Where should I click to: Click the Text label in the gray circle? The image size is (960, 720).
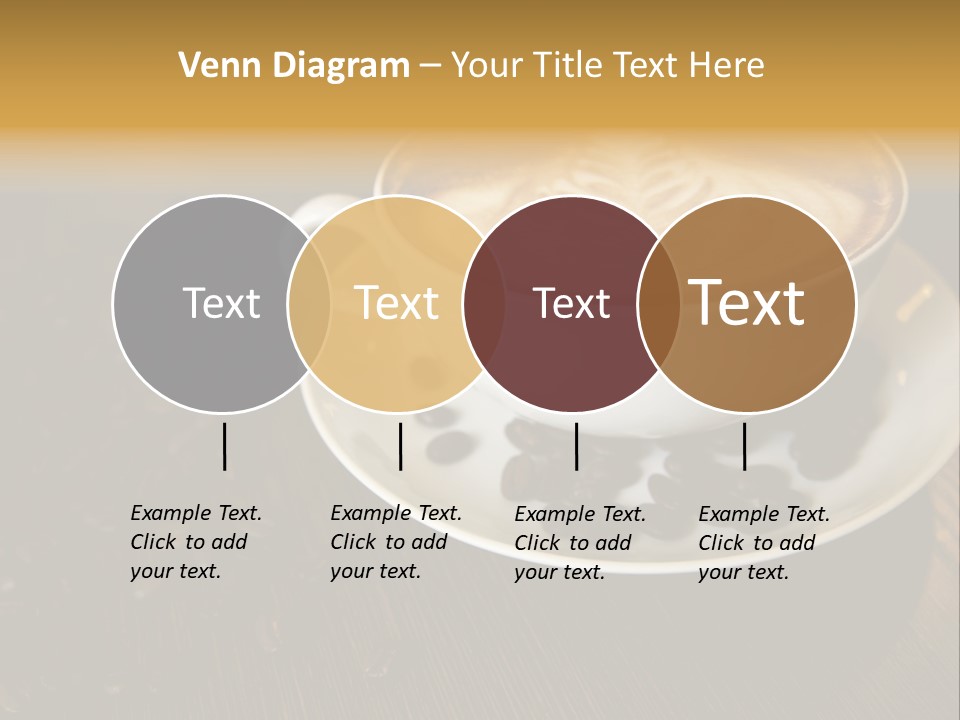221,303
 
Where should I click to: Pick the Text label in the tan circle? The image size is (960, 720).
396,303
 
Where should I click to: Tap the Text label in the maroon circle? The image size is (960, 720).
571,303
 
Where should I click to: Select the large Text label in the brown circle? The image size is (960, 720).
747,303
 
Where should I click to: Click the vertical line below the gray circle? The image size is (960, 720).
224,446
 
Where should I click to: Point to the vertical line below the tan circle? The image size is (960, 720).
400,446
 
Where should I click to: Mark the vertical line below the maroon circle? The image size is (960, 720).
576,446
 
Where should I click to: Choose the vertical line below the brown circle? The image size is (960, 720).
744,446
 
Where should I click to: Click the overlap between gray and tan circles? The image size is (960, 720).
309,304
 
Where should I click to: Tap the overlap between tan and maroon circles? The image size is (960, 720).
484,304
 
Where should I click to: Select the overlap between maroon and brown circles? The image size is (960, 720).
659,304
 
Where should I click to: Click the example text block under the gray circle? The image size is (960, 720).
196,542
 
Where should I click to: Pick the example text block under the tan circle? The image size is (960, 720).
396,542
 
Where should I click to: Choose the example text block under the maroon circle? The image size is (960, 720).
580,543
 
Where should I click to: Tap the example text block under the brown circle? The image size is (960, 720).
764,543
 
